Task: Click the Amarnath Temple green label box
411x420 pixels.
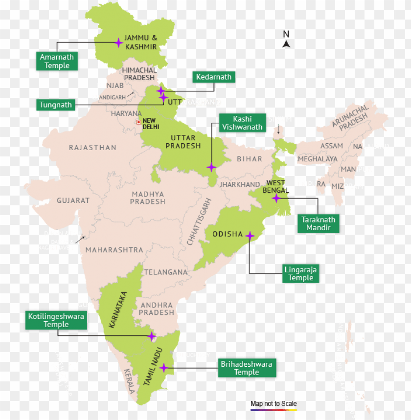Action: (57, 61)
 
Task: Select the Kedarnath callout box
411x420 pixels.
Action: (213, 77)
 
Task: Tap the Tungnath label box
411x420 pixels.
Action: (56, 105)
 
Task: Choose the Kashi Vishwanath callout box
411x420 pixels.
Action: (242, 123)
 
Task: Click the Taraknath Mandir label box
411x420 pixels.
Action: (318, 223)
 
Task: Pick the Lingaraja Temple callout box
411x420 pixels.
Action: (300, 274)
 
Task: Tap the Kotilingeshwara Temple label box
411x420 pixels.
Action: (56, 320)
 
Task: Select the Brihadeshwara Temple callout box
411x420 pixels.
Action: (246, 368)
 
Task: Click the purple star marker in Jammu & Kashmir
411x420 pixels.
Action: (118, 43)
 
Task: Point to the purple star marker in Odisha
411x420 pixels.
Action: (250, 236)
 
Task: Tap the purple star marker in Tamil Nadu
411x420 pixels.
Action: (164, 368)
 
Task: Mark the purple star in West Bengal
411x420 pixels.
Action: (276, 198)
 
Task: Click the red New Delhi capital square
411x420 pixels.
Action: (138, 122)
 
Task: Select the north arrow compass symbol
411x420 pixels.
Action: (287, 40)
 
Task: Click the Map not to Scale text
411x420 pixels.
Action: (274, 404)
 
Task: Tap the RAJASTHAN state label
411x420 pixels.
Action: (92, 148)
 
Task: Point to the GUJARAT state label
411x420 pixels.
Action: (73, 200)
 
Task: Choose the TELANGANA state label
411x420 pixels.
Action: (165, 272)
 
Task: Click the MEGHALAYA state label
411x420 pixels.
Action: (317, 159)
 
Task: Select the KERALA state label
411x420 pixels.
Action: (130, 381)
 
